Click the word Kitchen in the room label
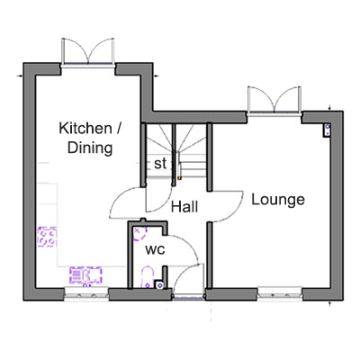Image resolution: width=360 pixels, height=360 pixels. [85, 129]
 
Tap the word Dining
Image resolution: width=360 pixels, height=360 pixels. [90, 148]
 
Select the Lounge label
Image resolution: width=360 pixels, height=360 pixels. [278, 200]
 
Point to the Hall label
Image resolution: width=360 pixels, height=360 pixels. [184, 207]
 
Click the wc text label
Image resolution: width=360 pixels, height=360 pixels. [155, 249]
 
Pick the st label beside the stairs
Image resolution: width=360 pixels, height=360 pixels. [160, 164]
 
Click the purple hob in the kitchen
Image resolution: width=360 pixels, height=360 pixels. [47, 237]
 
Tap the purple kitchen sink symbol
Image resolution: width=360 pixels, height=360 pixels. [85, 275]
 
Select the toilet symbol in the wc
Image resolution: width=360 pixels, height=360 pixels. [148, 277]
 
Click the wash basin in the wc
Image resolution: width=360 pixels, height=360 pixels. [139, 235]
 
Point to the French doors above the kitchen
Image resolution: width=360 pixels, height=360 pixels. [88, 51]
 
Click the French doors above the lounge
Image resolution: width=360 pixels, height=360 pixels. [274, 100]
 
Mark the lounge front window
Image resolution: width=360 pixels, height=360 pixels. [280, 295]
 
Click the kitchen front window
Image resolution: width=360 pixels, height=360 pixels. [86, 295]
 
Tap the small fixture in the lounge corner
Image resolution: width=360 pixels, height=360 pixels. [327, 130]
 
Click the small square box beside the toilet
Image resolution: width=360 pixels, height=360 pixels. [159, 284]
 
